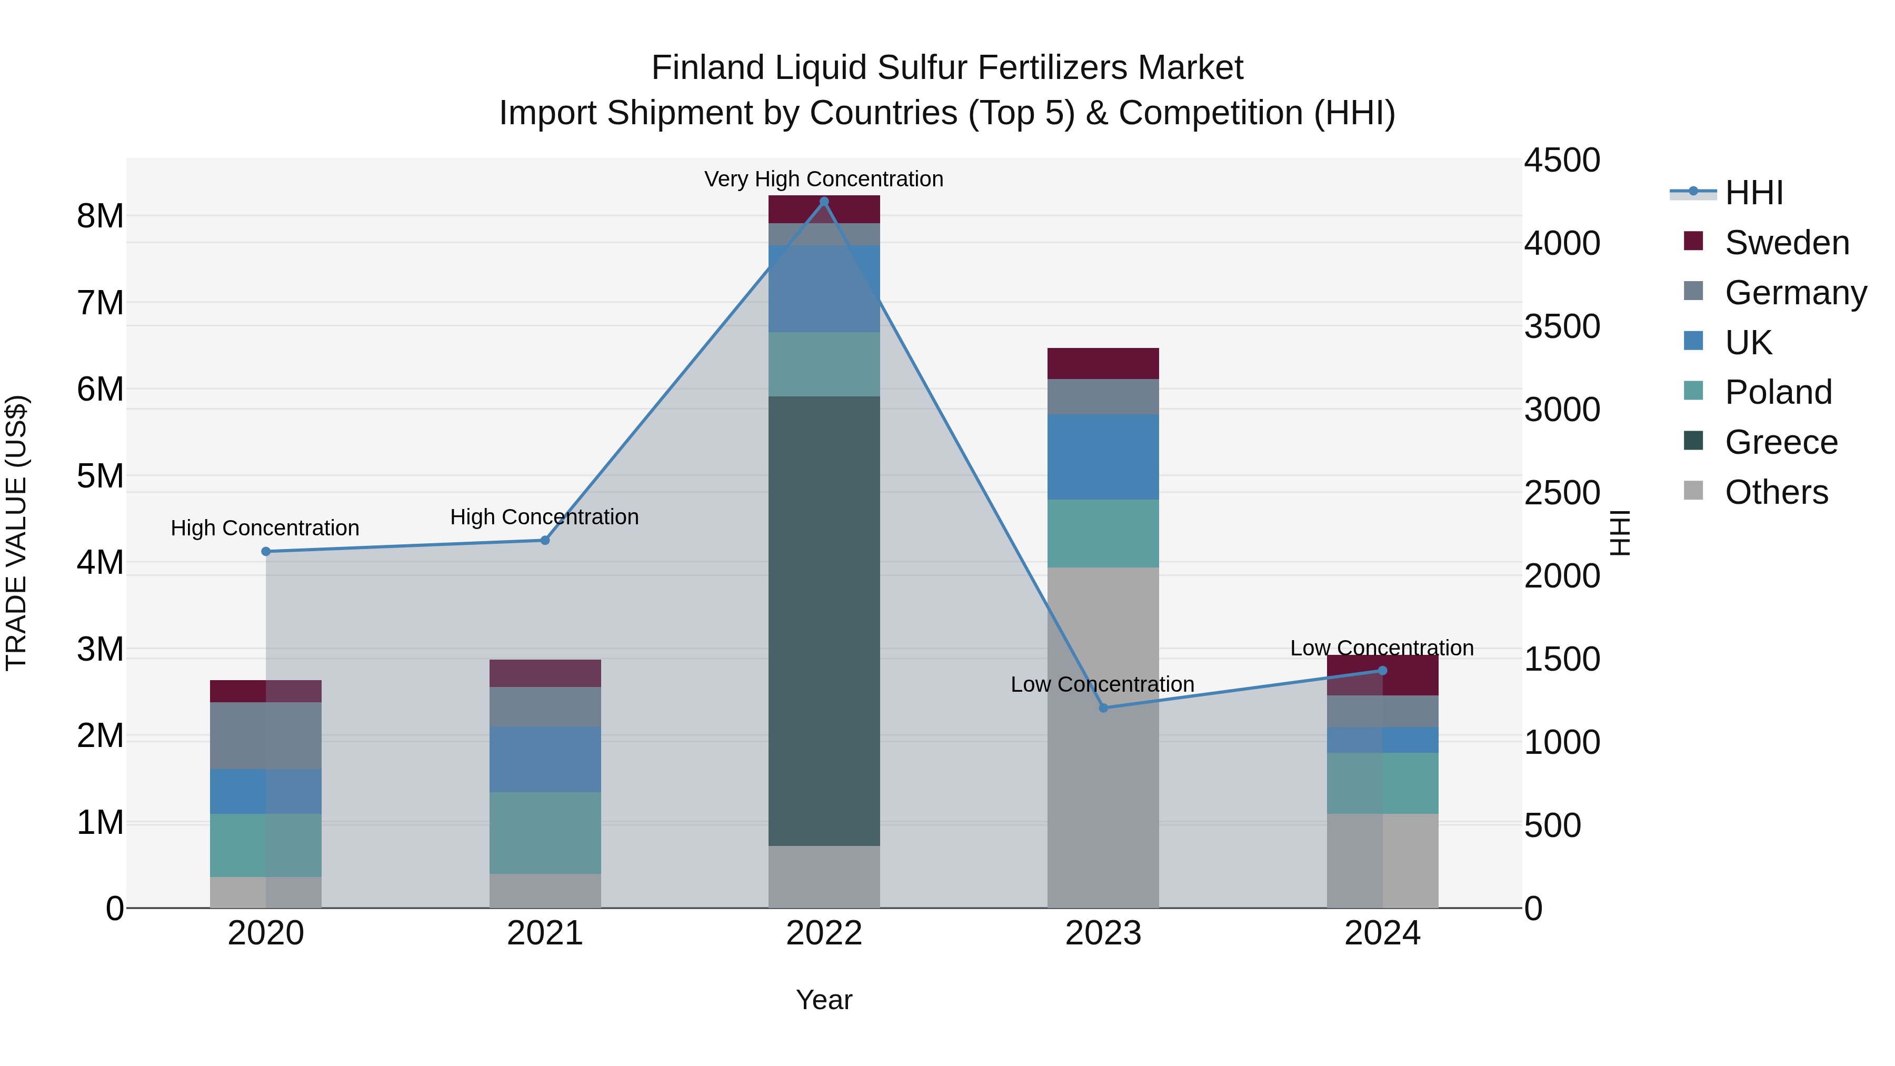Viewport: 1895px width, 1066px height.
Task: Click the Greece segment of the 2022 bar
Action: tap(824, 622)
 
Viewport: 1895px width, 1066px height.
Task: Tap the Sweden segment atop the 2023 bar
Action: tap(1103, 363)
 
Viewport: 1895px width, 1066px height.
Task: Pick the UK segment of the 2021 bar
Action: tap(545, 759)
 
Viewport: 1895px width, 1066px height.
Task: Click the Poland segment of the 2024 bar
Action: tap(1382, 783)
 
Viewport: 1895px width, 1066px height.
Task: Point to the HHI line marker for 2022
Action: tap(824, 202)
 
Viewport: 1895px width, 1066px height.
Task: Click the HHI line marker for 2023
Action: tap(1103, 708)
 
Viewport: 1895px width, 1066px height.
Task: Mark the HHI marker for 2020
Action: tap(266, 551)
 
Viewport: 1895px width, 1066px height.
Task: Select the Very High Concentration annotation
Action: tap(824, 179)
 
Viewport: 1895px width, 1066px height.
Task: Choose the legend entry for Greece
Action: tap(1780, 442)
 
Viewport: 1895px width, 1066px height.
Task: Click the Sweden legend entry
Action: tap(1786, 243)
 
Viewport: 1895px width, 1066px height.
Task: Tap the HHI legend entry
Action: tap(1754, 193)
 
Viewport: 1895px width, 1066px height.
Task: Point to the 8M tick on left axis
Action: tap(101, 216)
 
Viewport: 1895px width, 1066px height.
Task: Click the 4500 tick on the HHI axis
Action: tap(1562, 161)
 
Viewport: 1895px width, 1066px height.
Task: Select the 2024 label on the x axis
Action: tap(1382, 933)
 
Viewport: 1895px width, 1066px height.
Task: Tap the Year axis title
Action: tap(824, 1000)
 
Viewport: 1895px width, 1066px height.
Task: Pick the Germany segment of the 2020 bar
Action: tap(266, 736)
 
